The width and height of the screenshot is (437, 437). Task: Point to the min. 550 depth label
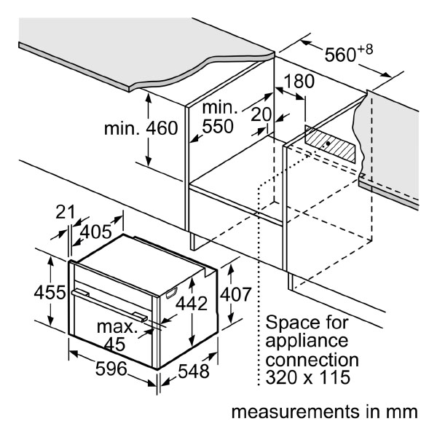(219, 117)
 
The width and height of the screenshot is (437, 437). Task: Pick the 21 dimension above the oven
(66, 212)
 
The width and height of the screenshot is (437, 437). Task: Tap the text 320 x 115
(309, 377)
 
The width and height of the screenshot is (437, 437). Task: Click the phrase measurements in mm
(325, 412)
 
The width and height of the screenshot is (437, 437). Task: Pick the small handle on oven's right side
(172, 293)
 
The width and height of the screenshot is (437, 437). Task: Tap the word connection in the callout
(312, 359)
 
